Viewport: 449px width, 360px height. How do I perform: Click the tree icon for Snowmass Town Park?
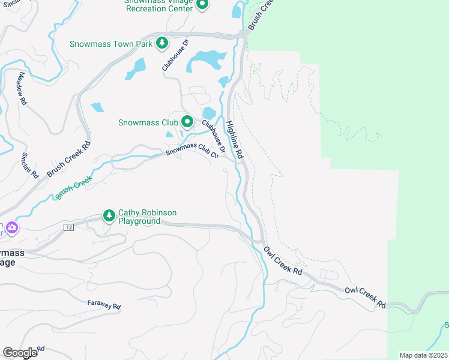coord(161,43)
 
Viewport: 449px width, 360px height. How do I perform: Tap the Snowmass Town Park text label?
coord(110,44)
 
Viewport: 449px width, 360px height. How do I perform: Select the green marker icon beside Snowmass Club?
coord(187,122)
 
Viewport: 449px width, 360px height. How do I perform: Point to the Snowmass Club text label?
coord(148,123)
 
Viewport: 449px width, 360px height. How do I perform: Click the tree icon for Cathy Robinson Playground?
coord(109,215)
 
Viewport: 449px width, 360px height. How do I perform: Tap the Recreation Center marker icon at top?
coord(202,5)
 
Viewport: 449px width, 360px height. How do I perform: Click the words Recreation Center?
coord(160,9)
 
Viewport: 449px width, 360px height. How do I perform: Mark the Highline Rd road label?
coord(235,140)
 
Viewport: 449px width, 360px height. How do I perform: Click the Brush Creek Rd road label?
coord(69,159)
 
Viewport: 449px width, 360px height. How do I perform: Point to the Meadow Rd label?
coord(23,89)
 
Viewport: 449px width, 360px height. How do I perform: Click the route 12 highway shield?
coord(69,227)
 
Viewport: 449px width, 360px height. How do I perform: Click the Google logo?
coord(20,353)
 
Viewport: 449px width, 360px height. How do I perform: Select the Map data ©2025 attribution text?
coord(424,355)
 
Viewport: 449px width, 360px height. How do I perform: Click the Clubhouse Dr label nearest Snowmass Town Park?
coord(175,55)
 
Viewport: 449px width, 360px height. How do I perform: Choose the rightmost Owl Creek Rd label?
coord(365,297)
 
